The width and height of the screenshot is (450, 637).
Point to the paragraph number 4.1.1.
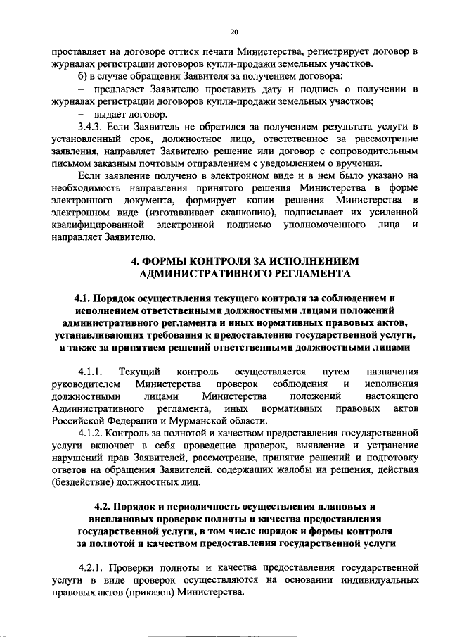(x=91, y=371)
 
